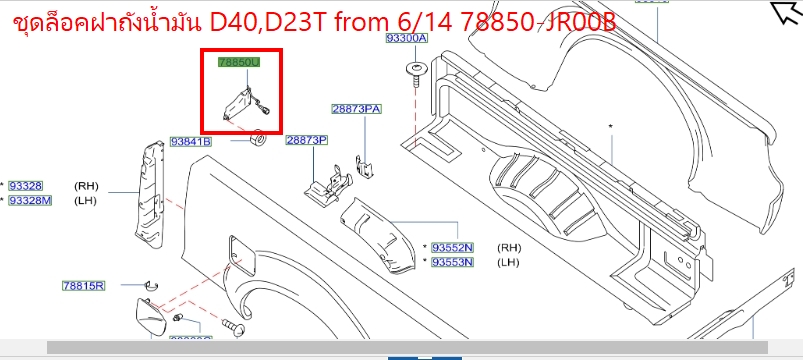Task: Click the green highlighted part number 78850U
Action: [x=239, y=62]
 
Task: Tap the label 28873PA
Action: [x=357, y=108]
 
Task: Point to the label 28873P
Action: [x=307, y=141]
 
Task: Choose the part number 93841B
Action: [x=190, y=142]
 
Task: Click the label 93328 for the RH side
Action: [x=26, y=186]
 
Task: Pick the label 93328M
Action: [x=30, y=201]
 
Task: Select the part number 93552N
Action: [x=453, y=247]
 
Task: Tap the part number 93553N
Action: [x=453, y=262]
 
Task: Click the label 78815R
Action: [x=83, y=286]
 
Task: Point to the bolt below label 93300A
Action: [x=412, y=70]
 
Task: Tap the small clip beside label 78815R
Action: [x=149, y=287]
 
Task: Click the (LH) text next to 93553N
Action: [x=509, y=262]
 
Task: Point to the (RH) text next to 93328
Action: [x=87, y=186]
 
